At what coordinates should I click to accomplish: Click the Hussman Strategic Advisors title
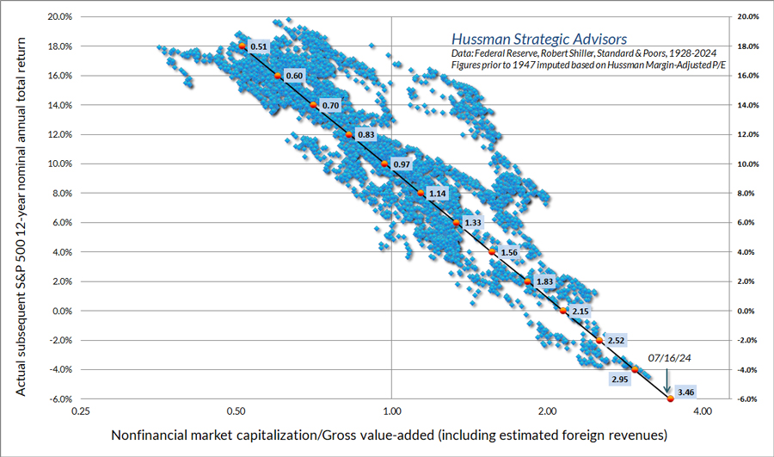coord(539,39)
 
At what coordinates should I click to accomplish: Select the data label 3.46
coord(686,392)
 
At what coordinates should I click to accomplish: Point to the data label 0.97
coord(402,164)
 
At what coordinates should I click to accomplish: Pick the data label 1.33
coord(473,223)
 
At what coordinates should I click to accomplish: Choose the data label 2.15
coord(580,311)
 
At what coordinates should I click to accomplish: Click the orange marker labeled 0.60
coord(278,76)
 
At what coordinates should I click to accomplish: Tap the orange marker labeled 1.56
coord(492,252)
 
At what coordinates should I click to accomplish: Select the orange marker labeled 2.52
coord(599,341)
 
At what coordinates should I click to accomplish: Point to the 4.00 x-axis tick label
coord(702,412)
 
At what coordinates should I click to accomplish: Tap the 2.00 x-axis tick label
coord(547,412)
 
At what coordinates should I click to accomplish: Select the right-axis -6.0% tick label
coord(747,398)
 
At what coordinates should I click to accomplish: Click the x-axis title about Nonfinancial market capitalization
coord(389,436)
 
